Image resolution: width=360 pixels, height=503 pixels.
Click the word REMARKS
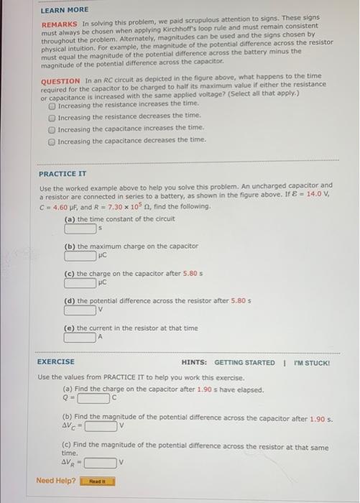click(55, 24)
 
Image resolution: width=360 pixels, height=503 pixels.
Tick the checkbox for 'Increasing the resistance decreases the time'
click(52, 116)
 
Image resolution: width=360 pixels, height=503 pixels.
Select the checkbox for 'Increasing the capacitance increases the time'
click(52, 128)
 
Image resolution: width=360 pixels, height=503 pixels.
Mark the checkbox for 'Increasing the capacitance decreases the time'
click(52, 139)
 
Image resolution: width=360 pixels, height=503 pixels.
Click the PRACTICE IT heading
click(63, 174)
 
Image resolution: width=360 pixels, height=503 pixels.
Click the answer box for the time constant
click(80, 229)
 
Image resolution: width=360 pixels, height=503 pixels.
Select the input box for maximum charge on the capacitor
click(80, 255)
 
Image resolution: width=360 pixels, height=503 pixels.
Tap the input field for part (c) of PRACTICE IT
click(80, 283)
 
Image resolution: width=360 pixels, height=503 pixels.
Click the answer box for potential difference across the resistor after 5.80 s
click(80, 310)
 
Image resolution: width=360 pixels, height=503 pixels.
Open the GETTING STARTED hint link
click(244, 362)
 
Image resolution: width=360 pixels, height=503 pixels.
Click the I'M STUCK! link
click(312, 362)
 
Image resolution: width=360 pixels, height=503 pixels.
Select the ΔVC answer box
click(101, 425)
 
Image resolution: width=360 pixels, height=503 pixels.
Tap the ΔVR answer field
click(101, 462)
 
